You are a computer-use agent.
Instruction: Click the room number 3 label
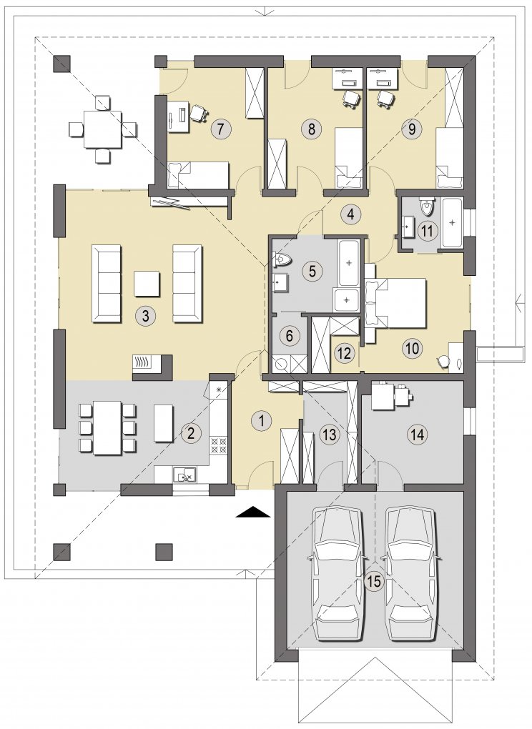click(x=145, y=316)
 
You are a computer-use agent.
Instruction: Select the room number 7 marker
click(x=220, y=129)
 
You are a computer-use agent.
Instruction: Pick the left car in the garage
click(x=338, y=573)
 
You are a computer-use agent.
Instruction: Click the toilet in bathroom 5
click(x=282, y=259)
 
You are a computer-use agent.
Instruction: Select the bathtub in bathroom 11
click(x=451, y=222)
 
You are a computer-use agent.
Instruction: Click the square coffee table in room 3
click(x=147, y=284)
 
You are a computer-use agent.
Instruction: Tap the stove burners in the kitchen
click(x=219, y=445)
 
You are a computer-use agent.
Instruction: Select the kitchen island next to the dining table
click(x=163, y=423)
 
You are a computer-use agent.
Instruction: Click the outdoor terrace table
click(x=103, y=129)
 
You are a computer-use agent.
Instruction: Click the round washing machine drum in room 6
click(x=280, y=364)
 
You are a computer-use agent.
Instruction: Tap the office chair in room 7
click(x=199, y=112)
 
